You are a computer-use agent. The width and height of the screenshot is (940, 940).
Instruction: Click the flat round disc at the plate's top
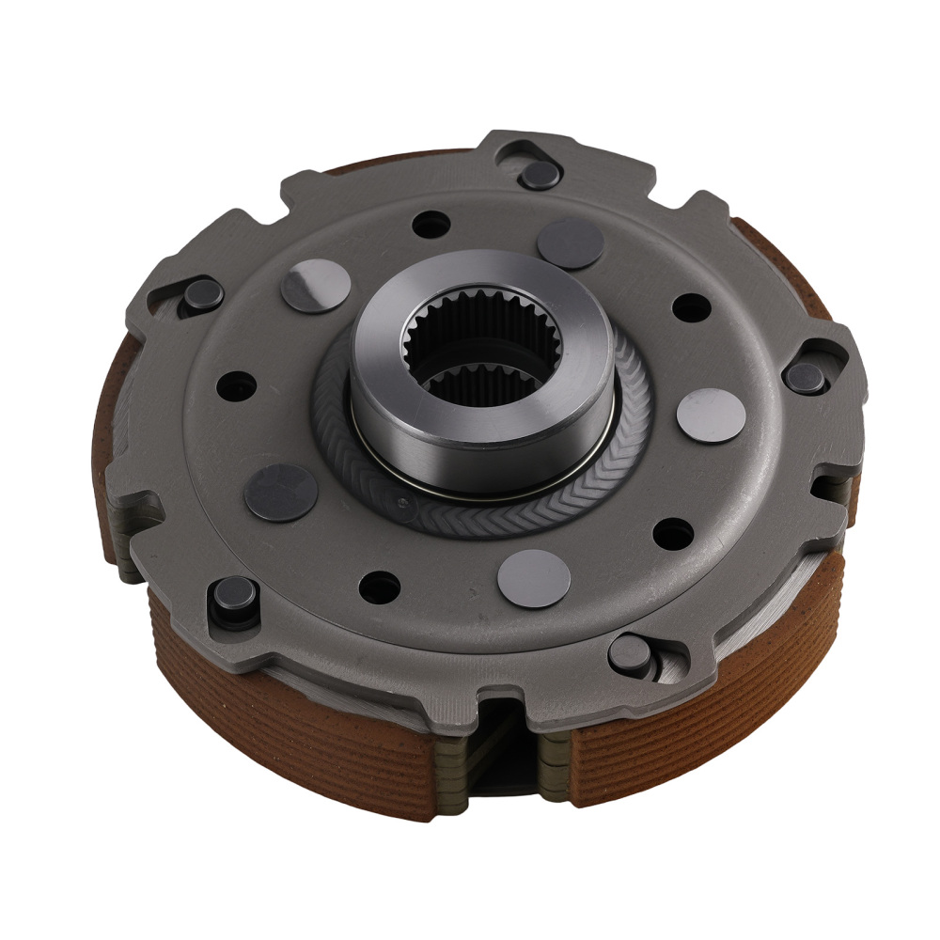coord(570,243)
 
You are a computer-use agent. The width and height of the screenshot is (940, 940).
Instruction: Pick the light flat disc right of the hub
coord(711,415)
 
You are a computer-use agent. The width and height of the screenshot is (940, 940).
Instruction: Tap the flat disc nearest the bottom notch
coord(534,578)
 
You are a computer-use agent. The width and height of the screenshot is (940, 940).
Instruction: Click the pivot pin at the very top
coord(540,174)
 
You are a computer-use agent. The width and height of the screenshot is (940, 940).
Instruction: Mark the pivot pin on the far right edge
coord(805,378)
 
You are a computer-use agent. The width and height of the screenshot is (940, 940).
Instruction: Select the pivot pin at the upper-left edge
coord(203,295)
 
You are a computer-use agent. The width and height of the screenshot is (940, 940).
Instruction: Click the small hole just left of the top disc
coord(431,225)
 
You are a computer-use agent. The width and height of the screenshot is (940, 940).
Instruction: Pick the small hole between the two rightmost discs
coord(692,307)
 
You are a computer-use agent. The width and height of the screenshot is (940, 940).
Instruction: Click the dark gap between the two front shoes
coord(499,752)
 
